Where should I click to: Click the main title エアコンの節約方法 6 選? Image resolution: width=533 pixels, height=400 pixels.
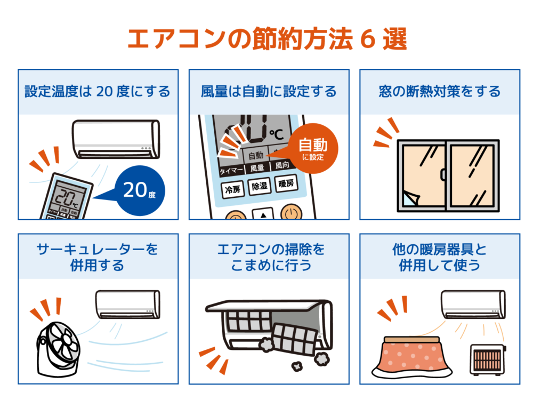coord(267,39)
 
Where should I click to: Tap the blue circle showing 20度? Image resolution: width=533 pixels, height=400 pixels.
coord(140,190)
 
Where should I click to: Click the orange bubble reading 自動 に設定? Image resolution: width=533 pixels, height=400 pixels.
coord(313,148)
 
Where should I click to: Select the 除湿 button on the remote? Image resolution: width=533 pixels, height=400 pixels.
coord(260,186)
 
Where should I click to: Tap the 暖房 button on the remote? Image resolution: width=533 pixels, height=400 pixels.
coord(286,183)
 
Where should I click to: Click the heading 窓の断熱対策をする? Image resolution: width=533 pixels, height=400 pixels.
coord(440,92)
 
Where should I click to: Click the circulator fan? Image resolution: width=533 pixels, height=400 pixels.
coord(59,349)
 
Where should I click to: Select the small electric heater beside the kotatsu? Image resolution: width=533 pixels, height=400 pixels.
coord(488,360)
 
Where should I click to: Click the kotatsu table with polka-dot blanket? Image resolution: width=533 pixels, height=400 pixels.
coord(412,357)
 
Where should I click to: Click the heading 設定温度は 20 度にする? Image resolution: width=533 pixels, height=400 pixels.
coord(98,92)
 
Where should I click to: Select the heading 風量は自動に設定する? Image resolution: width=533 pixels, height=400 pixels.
coord(269,92)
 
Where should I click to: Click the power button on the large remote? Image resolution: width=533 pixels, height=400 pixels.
coord(292,213)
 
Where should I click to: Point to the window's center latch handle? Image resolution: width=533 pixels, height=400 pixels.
coord(443,174)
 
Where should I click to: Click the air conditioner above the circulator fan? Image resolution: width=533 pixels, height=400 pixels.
coord(128,304)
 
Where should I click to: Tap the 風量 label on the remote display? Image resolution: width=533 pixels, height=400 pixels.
coord(257,168)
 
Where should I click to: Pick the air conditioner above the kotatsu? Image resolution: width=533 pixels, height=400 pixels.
coord(473,304)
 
